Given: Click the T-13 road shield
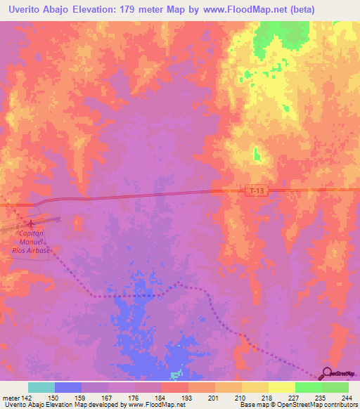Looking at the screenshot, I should tap(258, 190).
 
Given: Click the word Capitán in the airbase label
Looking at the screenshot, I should tap(31, 233).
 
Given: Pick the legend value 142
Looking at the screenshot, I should tap(27, 397).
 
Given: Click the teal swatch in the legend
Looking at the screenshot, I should tap(41, 387).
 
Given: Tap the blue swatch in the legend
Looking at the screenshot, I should tap(68, 387).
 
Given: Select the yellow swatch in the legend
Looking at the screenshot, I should tap(282, 387).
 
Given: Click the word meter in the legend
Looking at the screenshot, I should tap(10, 397).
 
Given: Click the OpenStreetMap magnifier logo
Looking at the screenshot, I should tap(326, 372).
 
